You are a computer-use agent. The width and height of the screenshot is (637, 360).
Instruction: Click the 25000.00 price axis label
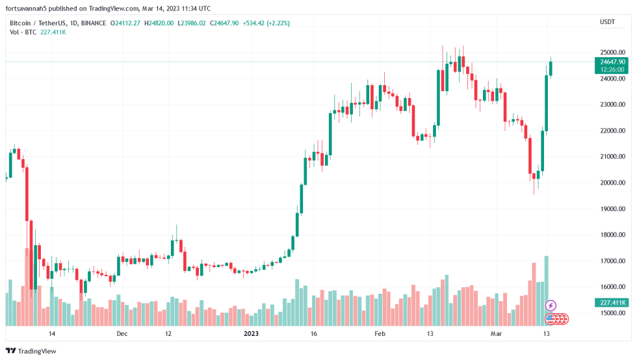[x=612, y=53]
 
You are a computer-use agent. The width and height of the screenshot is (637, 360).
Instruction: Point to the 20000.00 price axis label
[x=612, y=183]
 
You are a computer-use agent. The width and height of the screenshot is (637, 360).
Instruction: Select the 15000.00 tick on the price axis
[x=612, y=313]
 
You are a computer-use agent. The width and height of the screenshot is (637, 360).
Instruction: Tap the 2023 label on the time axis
[x=252, y=334]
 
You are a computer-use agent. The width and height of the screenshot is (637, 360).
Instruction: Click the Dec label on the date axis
[x=122, y=334]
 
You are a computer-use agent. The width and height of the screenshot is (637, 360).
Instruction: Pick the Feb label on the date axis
[x=380, y=334]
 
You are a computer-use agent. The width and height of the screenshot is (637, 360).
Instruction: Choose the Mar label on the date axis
[x=497, y=334]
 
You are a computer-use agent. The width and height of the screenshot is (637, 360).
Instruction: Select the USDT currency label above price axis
[x=607, y=22]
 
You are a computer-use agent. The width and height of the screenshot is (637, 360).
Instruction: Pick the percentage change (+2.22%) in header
[x=277, y=23]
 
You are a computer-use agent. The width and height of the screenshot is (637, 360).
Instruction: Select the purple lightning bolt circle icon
[x=551, y=305]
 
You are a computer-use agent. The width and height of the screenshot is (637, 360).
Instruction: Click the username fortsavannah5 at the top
[x=32, y=8]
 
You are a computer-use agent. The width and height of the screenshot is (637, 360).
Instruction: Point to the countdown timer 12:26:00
[x=612, y=70]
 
